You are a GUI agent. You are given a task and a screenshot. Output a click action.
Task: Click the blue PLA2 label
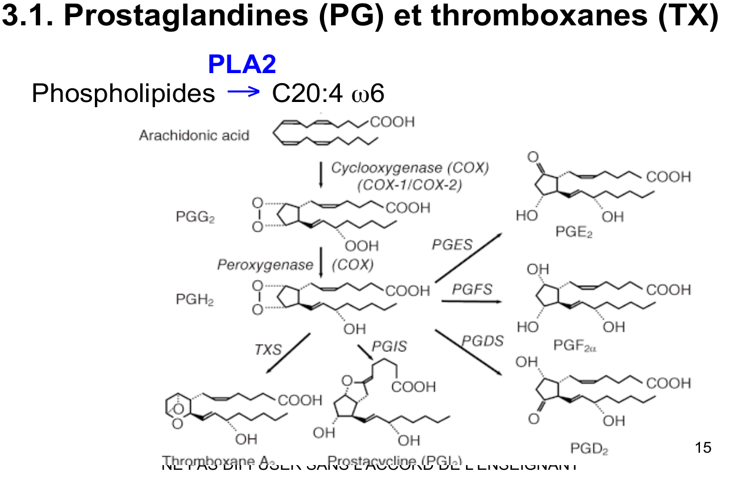tap(242, 65)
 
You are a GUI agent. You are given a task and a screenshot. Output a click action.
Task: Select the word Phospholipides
tap(123, 93)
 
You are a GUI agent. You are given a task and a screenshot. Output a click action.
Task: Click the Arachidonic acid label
tap(194, 136)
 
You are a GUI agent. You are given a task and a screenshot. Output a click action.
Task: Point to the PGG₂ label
tap(195, 218)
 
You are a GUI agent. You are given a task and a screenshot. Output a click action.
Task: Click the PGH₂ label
tap(195, 299)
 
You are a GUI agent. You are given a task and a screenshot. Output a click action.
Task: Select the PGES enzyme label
tap(452, 244)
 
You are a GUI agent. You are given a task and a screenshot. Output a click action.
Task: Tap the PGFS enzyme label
tap(472, 289)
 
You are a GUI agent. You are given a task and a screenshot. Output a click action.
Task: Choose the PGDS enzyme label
tap(483, 341)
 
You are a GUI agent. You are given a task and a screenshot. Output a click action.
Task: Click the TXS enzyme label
tap(268, 350)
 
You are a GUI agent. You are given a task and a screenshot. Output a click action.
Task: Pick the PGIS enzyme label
tap(389, 347)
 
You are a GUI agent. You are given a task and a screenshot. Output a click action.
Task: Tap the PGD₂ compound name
tap(589, 449)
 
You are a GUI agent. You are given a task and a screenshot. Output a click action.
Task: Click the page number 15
tap(703, 447)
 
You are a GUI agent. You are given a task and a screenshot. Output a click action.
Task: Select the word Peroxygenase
tap(265, 265)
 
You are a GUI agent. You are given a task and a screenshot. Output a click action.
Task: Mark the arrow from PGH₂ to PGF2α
tap(471, 302)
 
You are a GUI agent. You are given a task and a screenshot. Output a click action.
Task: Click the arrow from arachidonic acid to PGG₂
tap(321, 174)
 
